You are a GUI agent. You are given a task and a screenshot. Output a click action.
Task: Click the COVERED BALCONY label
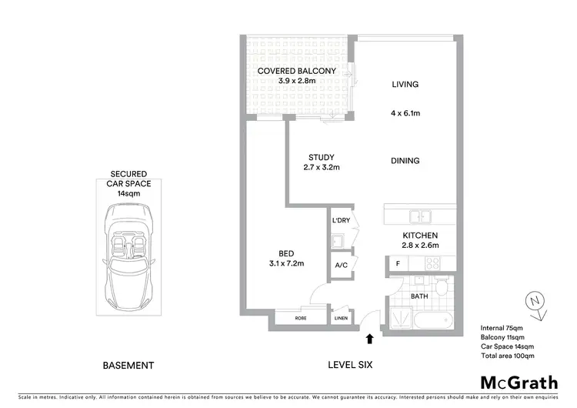click(296, 71)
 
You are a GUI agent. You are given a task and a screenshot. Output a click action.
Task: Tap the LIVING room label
click(404, 85)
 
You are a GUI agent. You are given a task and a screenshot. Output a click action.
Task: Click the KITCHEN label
click(420, 235)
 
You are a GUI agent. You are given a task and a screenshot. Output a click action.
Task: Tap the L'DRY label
click(341, 222)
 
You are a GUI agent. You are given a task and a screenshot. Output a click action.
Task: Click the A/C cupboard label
click(341, 266)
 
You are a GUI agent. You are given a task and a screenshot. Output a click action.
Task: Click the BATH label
click(419, 295)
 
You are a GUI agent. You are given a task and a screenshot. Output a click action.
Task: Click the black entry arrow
click(369, 337)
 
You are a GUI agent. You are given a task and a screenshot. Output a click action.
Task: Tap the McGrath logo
click(519, 383)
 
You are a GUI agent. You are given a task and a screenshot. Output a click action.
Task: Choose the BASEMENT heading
click(128, 365)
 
